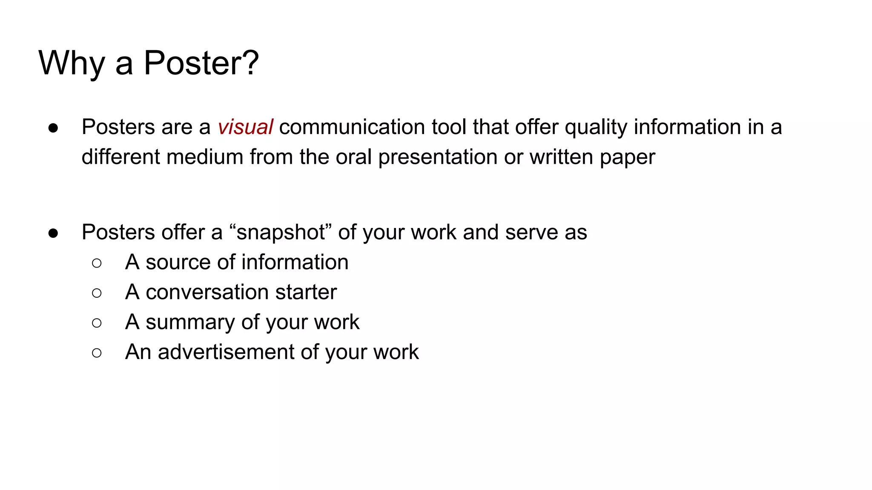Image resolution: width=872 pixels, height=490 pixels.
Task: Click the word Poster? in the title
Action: (x=201, y=63)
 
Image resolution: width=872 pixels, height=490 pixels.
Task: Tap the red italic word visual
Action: (x=245, y=127)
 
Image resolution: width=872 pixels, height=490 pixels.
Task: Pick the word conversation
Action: (x=207, y=292)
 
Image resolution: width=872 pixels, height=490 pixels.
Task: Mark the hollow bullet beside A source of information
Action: (x=97, y=263)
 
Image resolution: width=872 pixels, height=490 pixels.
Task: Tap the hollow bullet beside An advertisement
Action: (x=97, y=353)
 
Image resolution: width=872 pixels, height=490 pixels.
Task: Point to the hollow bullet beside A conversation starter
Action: (x=97, y=293)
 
